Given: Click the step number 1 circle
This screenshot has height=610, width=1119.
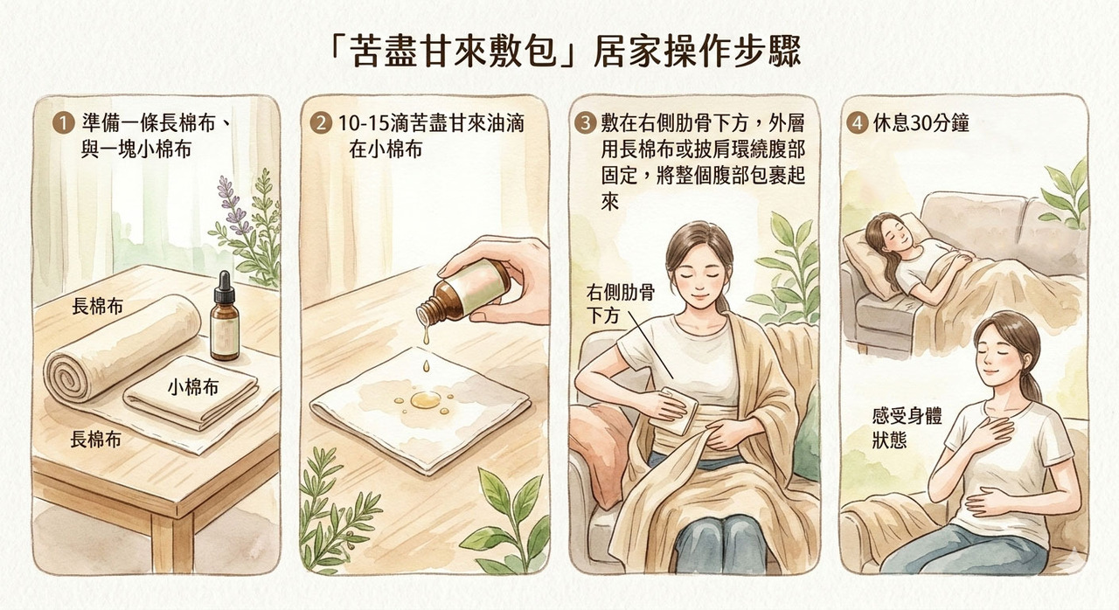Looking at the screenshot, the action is (x=64, y=123).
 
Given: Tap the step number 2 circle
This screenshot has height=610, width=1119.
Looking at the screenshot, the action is (x=321, y=123).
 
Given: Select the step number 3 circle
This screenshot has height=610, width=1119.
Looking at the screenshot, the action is (x=585, y=123).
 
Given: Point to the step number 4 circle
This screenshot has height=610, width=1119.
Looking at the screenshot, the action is (x=858, y=123).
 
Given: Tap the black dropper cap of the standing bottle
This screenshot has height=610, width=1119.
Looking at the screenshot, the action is (x=225, y=288).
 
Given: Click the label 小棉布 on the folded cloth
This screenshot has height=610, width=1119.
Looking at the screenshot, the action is (x=193, y=387).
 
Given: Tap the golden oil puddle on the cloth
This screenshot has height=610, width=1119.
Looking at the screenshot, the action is (x=425, y=400).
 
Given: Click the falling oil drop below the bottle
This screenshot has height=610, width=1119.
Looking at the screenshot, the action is (x=426, y=367).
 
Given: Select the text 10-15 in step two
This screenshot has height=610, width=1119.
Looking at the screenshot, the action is (x=363, y=123).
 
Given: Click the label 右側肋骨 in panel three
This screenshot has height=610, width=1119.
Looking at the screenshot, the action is (x=620, y=293).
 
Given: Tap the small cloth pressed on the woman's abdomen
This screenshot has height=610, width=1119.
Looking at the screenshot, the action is (x=673, y=411).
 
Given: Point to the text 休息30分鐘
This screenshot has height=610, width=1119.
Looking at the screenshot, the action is (x=921, y=123).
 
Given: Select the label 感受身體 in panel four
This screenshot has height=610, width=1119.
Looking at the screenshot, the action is (x=907, y=416).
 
